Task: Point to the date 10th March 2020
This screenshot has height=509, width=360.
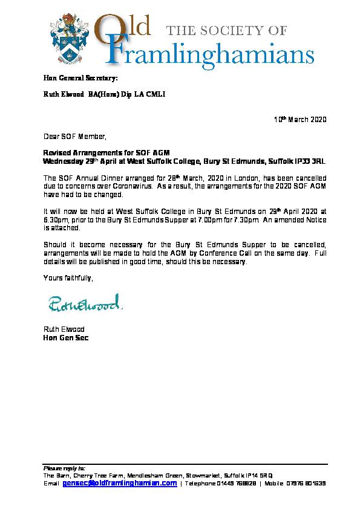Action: tap(300, 120)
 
